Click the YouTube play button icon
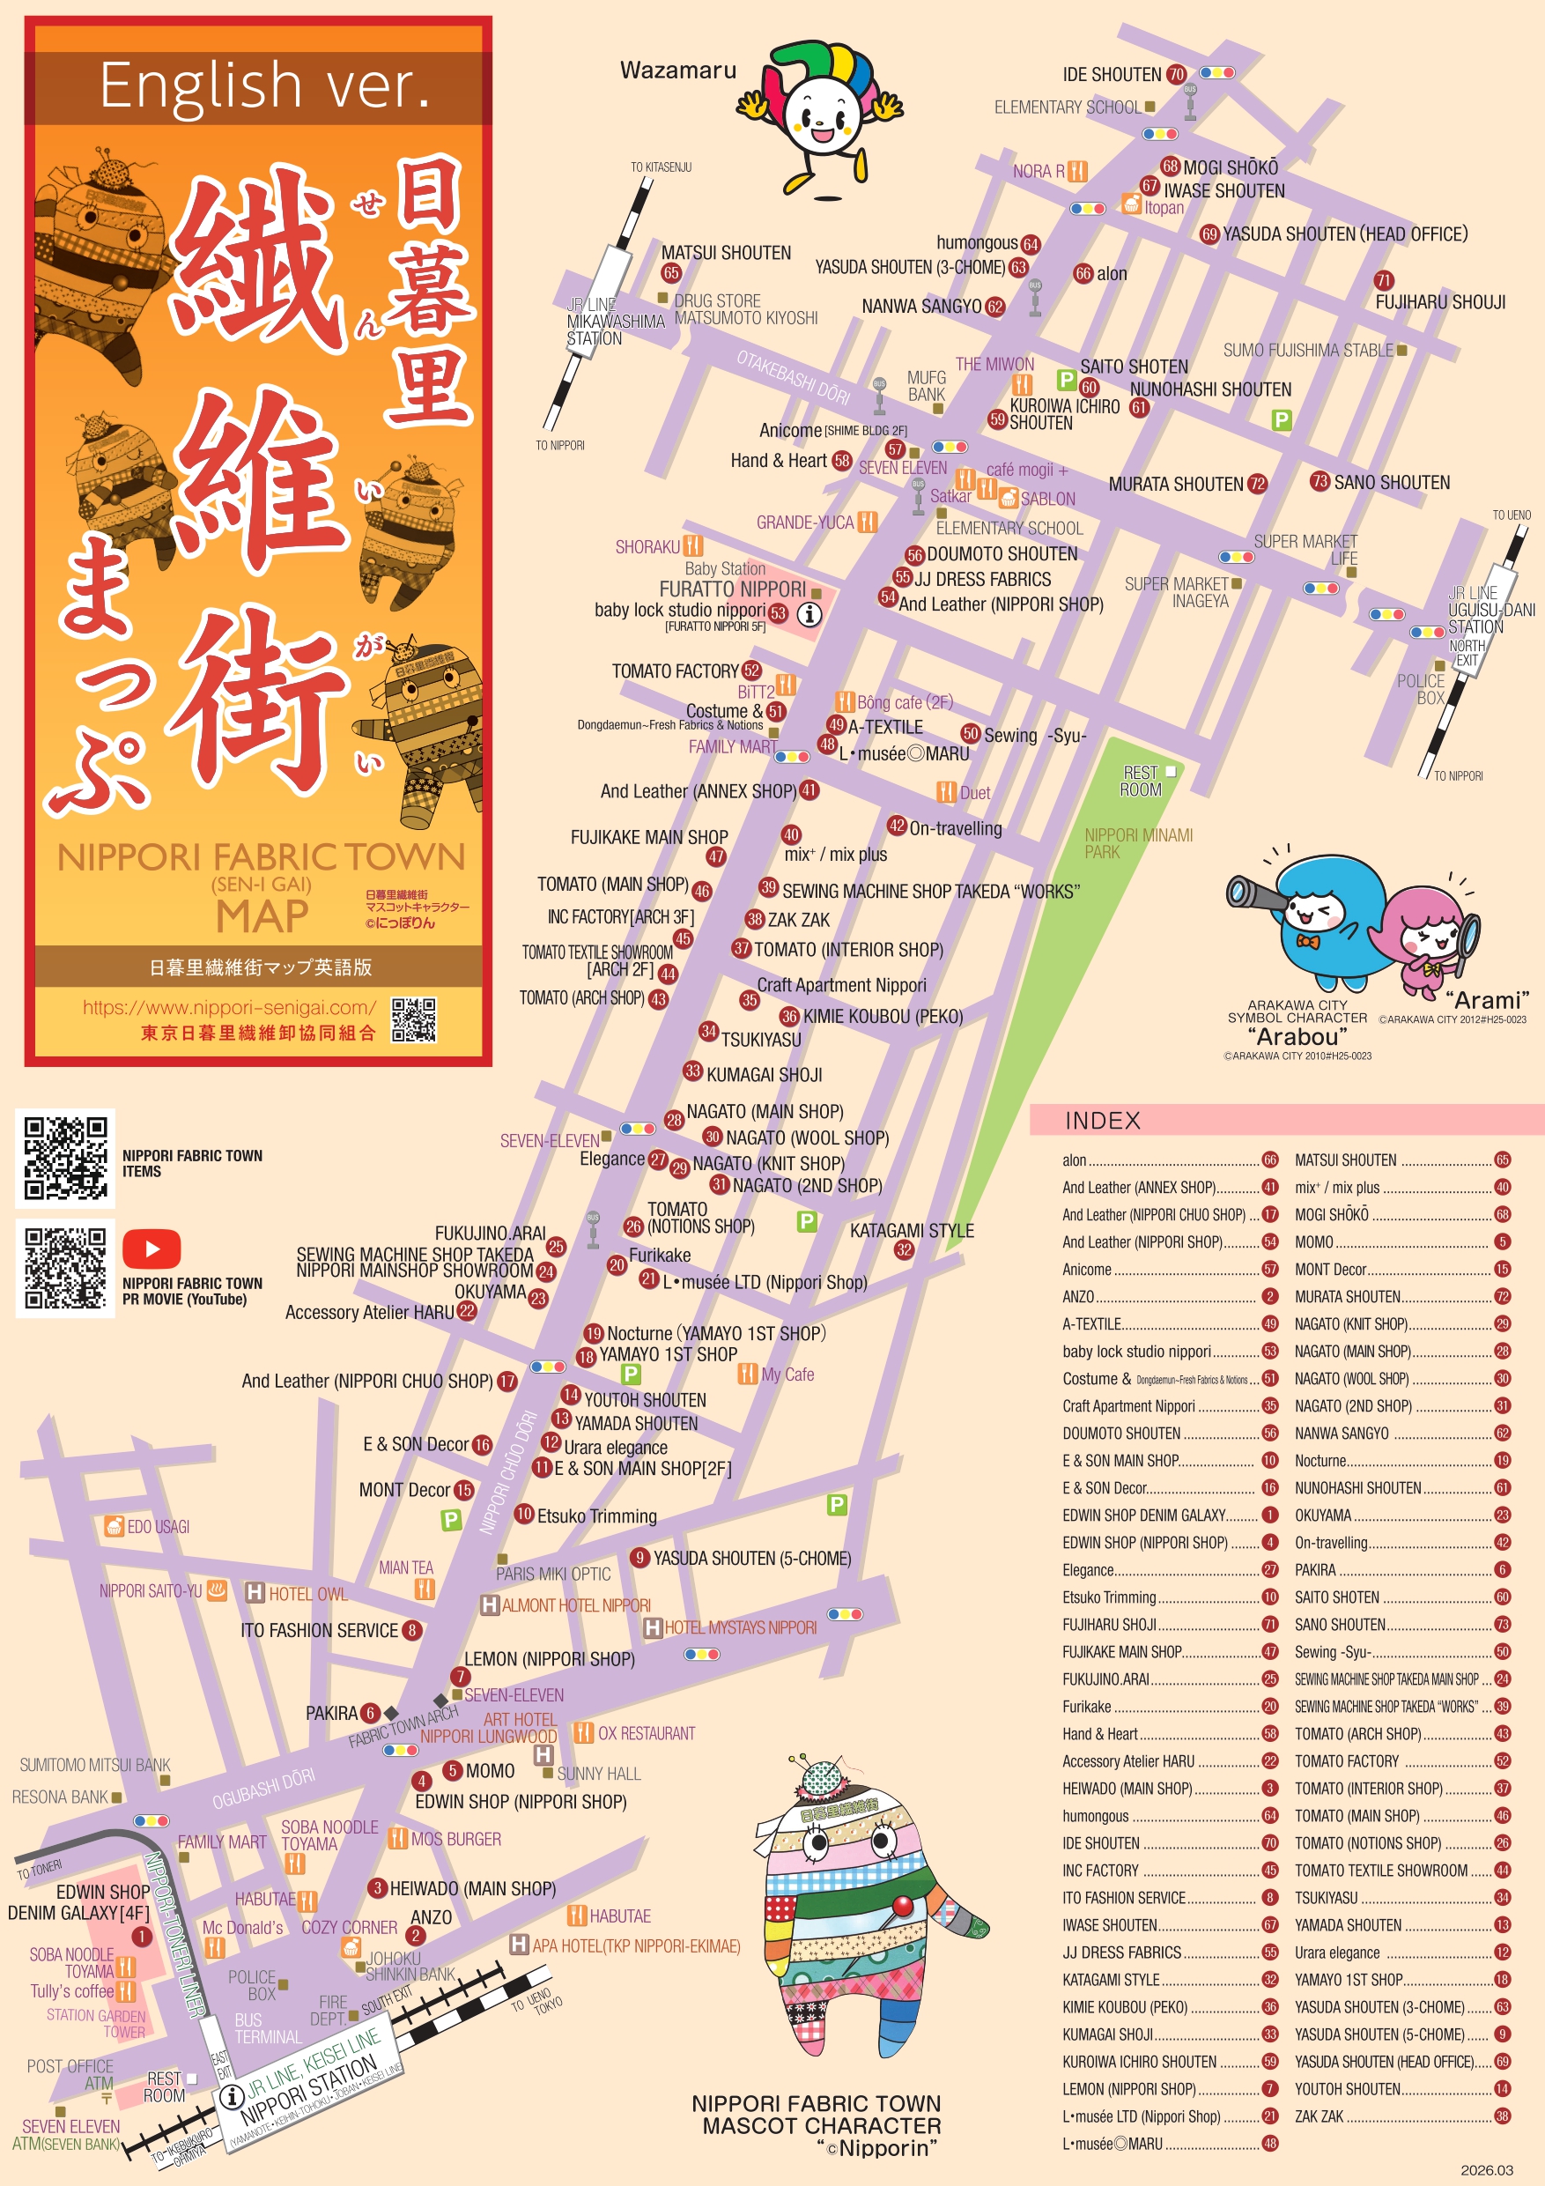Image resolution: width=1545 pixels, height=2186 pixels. pos(152,1248)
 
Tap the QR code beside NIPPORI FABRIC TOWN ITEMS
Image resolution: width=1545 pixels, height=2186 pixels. pos(64,1158)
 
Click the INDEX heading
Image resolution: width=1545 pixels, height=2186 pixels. pos(1102,1121)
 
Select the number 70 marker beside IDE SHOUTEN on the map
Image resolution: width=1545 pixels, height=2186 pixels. pos(1177,74)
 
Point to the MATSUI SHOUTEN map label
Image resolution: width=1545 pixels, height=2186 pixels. pos(726,252)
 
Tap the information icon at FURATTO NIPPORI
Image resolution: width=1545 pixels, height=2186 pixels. pos(809,614)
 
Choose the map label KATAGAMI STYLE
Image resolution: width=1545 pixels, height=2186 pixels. pos(911,1230)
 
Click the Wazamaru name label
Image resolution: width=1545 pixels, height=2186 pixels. pos(677,70)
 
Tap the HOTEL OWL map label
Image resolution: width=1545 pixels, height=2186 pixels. pos(307,1594)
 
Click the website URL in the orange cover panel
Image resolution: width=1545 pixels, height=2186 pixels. pos(229,1006)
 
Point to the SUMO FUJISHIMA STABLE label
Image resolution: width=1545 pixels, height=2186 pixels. pos(1308,351)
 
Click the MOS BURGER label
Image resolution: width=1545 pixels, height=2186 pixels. pos(455,1839)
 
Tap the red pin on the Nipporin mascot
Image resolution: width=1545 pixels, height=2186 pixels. pos(900,1905)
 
